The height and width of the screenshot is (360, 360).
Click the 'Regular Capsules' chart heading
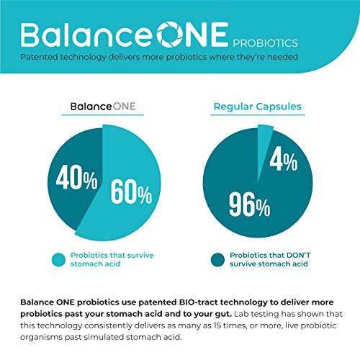(258, 107)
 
